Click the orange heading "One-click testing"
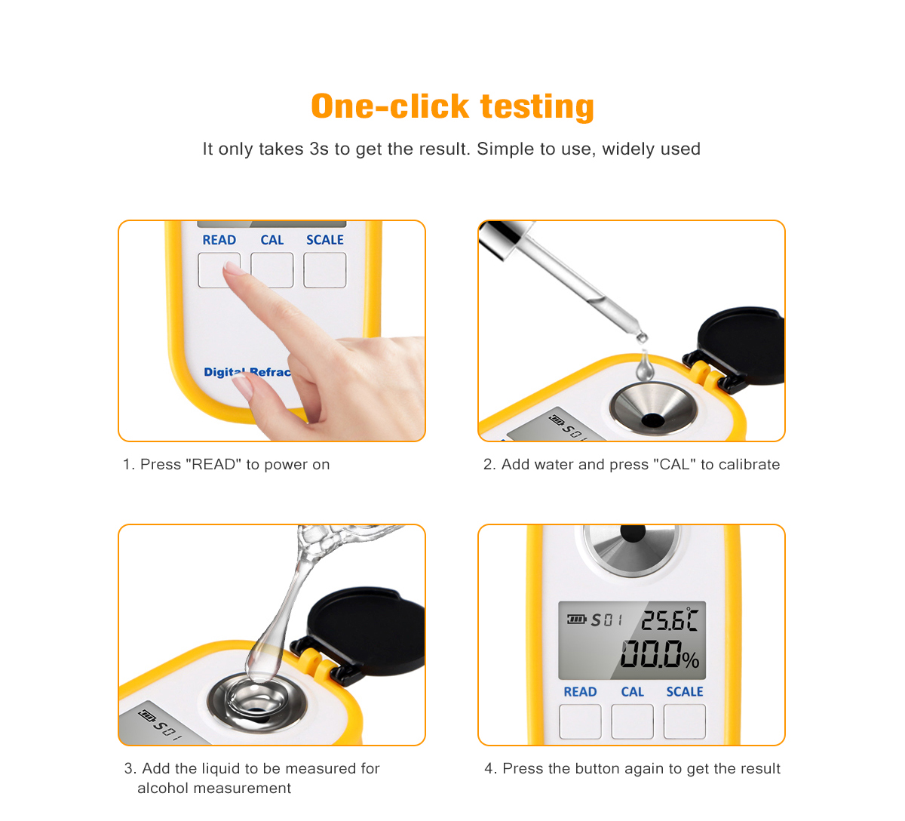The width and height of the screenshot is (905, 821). pyautogui.click(x=452, y=106)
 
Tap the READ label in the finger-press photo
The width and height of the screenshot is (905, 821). pyautogui.click(x=219, y=240)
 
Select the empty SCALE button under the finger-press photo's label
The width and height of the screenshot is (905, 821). pyautogui.click(x=325, y=270)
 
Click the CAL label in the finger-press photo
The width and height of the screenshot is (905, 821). pyautogui.click(x=272, y=240)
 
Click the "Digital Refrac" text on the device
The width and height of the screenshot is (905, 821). pyautogui.click(x=247, y=372)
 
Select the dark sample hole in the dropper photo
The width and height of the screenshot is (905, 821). pyautogui.click(x=653, y=420)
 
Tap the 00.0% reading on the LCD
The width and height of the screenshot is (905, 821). pyautogui.click(x=660, y=654)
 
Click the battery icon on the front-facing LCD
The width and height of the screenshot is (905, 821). pyautogui.click(x=577, y=619)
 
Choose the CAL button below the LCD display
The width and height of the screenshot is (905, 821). pyautogui.click(x=632, y=721)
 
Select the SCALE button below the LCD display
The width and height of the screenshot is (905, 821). pyautogui.click(x=684, y=721)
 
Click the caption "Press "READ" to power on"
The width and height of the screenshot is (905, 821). pyautogui.click(x=235, y=464)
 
